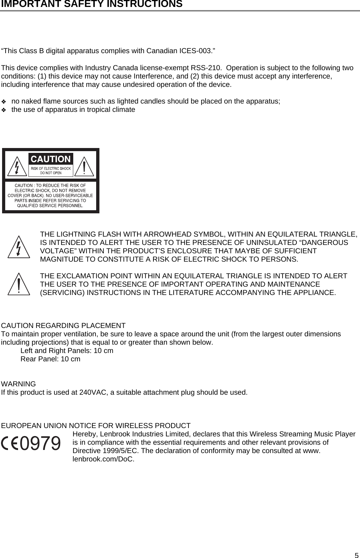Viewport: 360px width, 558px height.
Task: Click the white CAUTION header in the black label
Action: click(x=51, y=159)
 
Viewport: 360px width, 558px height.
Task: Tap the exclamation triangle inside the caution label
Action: click(x=84, y=167)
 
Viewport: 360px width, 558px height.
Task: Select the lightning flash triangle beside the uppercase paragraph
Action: click(x=19, y=247)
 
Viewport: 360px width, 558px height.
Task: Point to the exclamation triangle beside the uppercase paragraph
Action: click(x=19, y=285)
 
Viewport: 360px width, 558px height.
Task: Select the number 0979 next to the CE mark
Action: click(x=40, y=443)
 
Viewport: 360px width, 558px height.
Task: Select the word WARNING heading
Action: click(x=19, y=384)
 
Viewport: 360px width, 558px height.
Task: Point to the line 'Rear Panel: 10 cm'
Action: click(x=50, y=359)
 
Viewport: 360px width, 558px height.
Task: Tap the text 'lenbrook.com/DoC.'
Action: click(x=103, y=459)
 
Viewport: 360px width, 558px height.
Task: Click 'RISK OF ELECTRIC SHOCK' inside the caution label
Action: click(x=51, y=169)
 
